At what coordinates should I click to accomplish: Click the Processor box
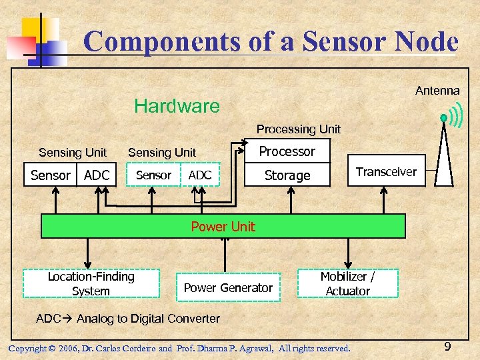pyautogui.click(x=287, y=151)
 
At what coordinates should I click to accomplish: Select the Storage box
pyautogui.click(x=287, y=175)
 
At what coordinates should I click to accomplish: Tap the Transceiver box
pyautogui.click(x=386, y=172)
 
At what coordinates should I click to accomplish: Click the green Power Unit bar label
pyautogui.click(x=223, y=227)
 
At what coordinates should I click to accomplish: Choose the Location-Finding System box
pyautogui.click(x=91, y=283)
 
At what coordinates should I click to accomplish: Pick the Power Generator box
pyautogui.click(x=228, y=287)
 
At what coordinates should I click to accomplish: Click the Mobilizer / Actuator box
pyautogui.click(x=347, y=283)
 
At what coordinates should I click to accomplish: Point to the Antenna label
pyautogui.click(x=437, y=91)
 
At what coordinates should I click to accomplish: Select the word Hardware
pyautogui.click(x=177, y=106)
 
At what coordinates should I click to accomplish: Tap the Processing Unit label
pyautogui.click(x=298, y=129)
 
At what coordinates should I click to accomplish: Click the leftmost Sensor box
pyautogui.click(x=51, y=175)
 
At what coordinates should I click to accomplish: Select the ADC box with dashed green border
pyautogui.click(x=200, y=175)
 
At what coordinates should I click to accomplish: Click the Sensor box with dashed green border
pyautogui.click(x=153, y=175)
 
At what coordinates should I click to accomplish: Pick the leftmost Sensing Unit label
pyautogui.click(x=73, y=153)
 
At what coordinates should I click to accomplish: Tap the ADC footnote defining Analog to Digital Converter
pyautogui.click(x=128, y=319)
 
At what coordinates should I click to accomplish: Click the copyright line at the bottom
pyautogui.click(x=179, y=348)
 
